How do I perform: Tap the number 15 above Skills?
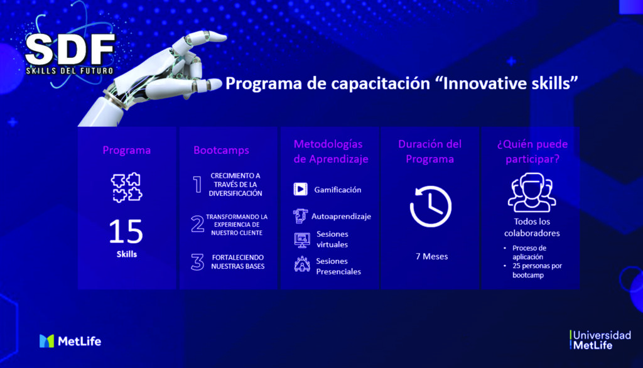coord(126,231)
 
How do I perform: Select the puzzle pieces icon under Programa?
coord(126,188)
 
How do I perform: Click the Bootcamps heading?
coord(221,150)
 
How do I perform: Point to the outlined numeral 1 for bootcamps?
coord(197,184)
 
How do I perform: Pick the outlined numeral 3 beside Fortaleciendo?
coord(197,262)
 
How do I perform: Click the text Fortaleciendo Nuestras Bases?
coord(238,262)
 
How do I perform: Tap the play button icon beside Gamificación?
coord(301,189)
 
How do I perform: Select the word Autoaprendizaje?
coord(341,216)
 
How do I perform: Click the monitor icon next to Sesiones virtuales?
coord(302,240)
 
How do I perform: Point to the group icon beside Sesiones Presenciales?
coord(302,264)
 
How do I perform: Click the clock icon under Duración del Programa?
coord(431,207)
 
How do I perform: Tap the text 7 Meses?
coord(432,256)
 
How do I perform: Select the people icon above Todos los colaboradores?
coord(532,192)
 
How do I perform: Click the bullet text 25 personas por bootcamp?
coord(537,271)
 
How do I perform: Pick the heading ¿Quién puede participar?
coord(532,151)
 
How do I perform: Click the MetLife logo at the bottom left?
coord(70,341)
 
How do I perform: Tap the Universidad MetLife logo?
coord(600,340)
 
